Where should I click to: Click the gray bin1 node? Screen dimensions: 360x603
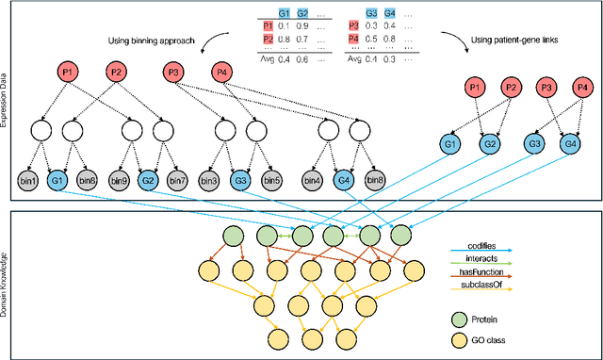[27, 180]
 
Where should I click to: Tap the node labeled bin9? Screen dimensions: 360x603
[118, 180]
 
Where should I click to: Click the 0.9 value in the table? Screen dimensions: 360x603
[303, 27]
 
